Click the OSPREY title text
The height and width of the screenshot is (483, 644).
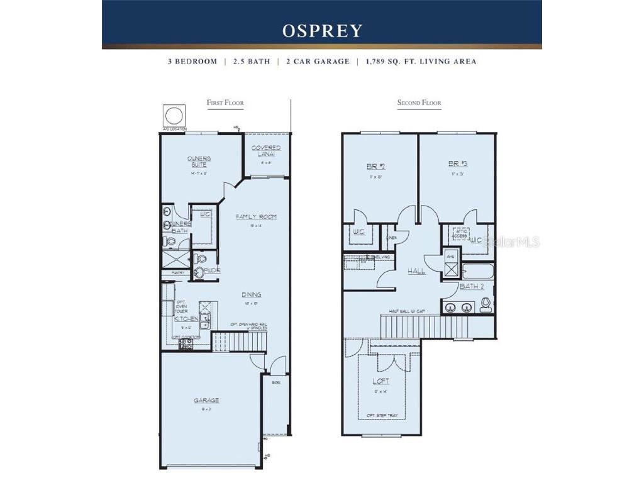[322, 31]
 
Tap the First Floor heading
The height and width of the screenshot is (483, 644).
[225, 103]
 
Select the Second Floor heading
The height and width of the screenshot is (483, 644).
[419, 103]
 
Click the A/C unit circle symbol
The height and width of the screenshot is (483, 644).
[174, 116]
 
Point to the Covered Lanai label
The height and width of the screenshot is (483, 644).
[266, 151]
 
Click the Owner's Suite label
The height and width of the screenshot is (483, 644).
[199, 162]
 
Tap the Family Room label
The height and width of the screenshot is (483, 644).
[256, 217]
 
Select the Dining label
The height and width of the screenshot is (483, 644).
[252, 294]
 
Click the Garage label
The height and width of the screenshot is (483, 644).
[206, 400]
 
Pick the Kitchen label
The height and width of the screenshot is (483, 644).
[186, 319]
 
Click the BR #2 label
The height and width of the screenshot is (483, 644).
[376, 167]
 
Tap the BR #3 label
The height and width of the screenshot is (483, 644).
[458, 164]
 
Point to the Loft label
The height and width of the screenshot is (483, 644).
[380, 381]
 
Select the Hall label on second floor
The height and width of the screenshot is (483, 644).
[416, 271]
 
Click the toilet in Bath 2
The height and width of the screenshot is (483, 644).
[486, 305]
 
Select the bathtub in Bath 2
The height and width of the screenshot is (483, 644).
[478, 271]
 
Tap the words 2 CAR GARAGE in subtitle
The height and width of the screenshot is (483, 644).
[318, 62]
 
